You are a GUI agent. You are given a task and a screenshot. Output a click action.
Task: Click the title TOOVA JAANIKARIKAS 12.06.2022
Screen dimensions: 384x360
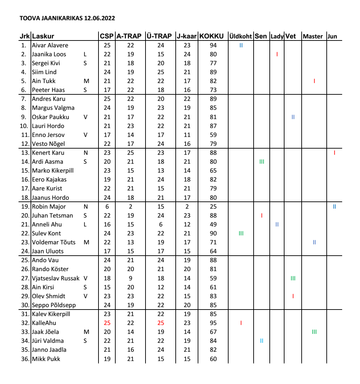67,18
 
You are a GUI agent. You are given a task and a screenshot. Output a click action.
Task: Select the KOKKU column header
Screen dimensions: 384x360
212,36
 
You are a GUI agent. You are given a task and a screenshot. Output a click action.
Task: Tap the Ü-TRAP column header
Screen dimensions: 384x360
159,36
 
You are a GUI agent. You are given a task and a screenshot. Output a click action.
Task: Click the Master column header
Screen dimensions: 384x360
313,36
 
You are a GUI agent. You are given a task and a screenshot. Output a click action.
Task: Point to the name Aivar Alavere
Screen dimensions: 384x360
50,45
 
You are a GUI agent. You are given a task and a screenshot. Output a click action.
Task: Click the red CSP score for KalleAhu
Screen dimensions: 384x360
107,323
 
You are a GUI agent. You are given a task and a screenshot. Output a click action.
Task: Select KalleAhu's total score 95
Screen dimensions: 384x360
213,323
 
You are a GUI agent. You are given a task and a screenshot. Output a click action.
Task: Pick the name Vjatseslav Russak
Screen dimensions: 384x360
56,278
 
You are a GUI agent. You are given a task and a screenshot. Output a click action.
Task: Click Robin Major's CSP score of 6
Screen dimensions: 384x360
107,207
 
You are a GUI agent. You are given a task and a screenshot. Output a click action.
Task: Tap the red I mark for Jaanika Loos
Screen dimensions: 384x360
277,54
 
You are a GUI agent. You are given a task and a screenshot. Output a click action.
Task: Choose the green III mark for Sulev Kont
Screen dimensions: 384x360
241,233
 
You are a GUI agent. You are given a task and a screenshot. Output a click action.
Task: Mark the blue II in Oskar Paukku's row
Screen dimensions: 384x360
293,117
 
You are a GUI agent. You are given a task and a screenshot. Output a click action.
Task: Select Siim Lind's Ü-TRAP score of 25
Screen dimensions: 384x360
161,72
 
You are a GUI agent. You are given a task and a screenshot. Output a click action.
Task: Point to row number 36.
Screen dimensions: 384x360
25,359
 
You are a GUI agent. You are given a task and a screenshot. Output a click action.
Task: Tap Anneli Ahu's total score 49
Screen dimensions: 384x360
213,224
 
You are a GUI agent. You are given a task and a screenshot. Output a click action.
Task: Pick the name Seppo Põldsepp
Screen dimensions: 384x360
54,305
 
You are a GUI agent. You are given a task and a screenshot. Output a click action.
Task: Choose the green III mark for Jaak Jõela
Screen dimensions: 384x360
314,332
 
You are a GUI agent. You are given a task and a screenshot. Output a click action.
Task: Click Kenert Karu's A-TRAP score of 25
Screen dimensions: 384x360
130,153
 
